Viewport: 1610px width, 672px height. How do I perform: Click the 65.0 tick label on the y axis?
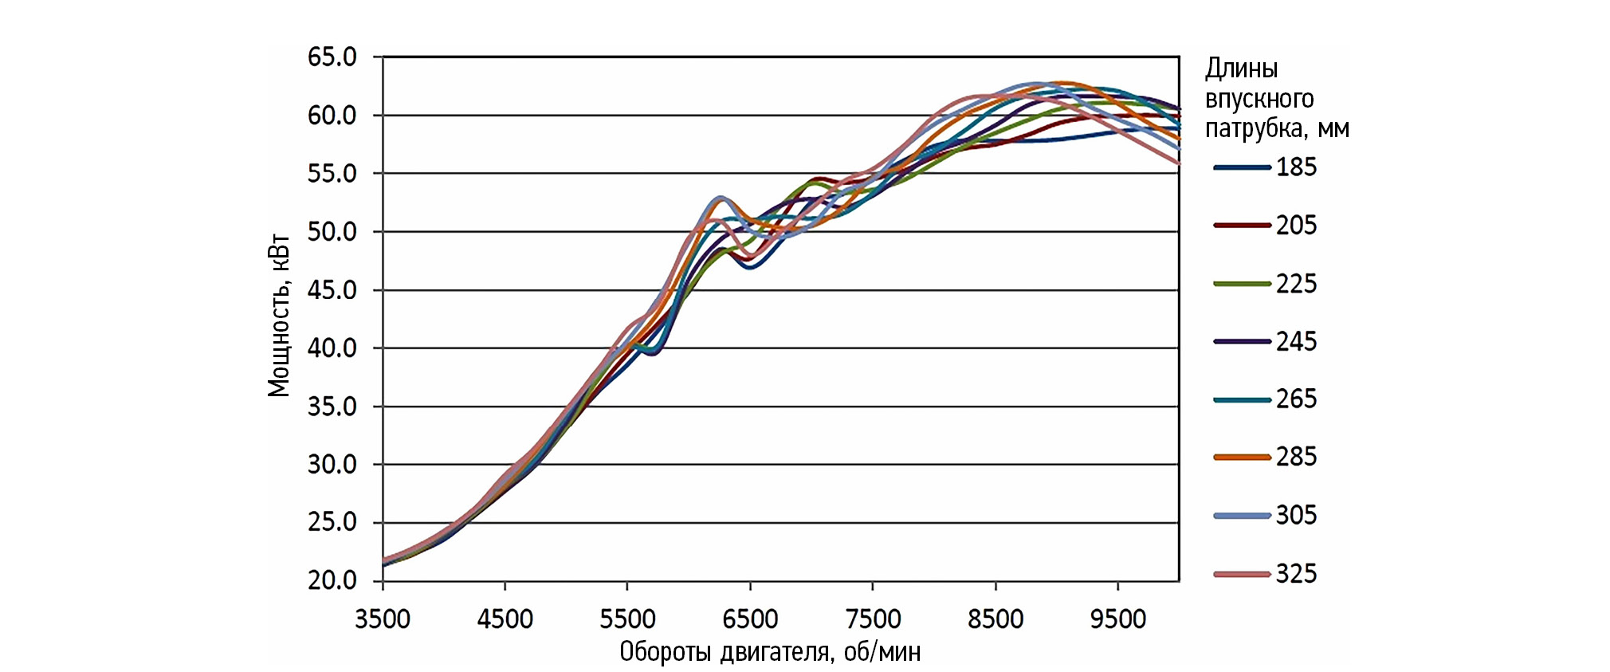coord(332,57)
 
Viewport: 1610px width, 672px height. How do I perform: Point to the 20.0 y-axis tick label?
coord(332,580)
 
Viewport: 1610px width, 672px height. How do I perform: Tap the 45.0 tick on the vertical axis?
coord(332,290)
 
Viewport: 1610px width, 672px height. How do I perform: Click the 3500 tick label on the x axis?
coord(383,619)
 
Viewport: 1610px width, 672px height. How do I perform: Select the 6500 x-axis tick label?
coord(750,619)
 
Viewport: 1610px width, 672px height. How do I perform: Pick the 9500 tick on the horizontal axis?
coord(1117,619)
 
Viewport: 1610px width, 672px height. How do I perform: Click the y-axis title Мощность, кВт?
coord(278,316)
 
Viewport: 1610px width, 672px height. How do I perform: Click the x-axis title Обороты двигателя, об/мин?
coord(770,652)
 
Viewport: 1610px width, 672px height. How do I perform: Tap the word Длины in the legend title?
coord(1241,69)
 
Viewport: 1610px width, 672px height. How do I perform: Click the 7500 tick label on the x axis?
coord(873,619)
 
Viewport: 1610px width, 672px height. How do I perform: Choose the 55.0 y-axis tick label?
coord(332,174)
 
